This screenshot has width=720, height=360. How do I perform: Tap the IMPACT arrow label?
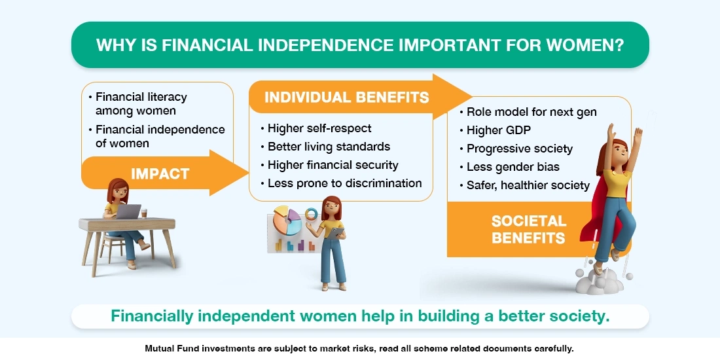[x=160, y=173]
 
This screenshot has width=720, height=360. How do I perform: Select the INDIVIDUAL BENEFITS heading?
[x=346, y=98]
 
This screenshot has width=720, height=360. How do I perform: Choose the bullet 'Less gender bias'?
[x=513, y=167]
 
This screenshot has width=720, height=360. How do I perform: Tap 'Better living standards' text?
[x=329, y=147]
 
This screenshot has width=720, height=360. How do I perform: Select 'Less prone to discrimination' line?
[x=344, y=183]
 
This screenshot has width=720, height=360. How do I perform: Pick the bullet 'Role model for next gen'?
[x=531, y=112]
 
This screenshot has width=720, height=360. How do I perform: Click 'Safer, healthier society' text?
[x=528, y=185]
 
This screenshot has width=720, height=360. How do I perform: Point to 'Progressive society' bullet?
[x=520, y=149]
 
